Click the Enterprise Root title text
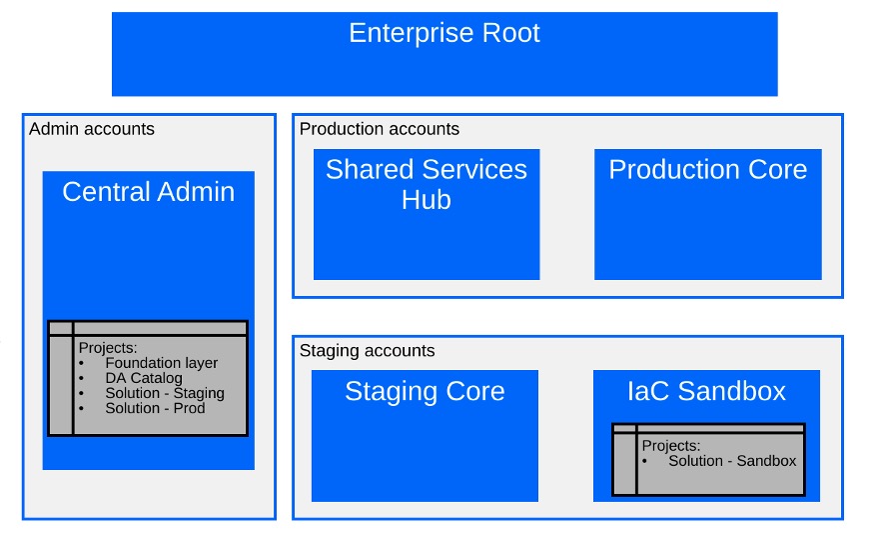pos(443,33)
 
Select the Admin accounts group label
pos(92,129)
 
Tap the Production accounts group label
pos(380,129)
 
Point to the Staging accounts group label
pos(368,351)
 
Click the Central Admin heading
pos(148,192)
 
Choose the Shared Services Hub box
pos(427,214)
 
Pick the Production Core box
pos(707,214)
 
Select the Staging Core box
pos(425,435)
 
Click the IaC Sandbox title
pos(706,391)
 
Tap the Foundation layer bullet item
pos(162,363)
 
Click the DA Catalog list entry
pos(144,378)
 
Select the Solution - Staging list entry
pos(165,393)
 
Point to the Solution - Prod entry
pos(155,408)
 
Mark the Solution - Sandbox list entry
pos(732,461)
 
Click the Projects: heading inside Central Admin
pos(108,348)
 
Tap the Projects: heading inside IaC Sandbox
pos(671,446)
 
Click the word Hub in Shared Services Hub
pos(427,200)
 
